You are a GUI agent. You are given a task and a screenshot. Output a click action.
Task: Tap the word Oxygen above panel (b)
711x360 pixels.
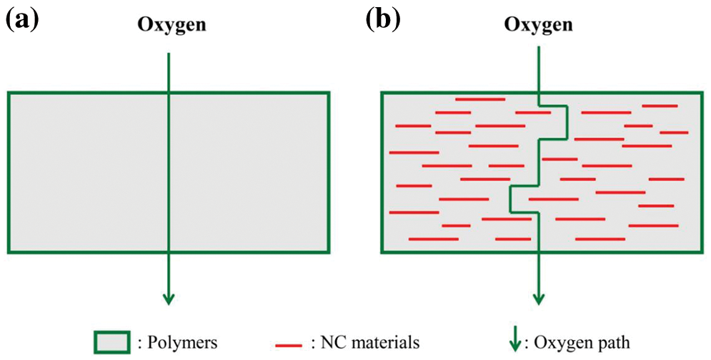(539, 24)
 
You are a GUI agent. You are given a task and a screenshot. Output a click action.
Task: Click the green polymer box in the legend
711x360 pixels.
(111, 341)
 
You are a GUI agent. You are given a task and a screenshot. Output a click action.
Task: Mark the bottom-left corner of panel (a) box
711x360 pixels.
(9, 251)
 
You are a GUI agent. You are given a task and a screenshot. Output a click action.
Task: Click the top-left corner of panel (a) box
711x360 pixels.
(9, 93)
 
